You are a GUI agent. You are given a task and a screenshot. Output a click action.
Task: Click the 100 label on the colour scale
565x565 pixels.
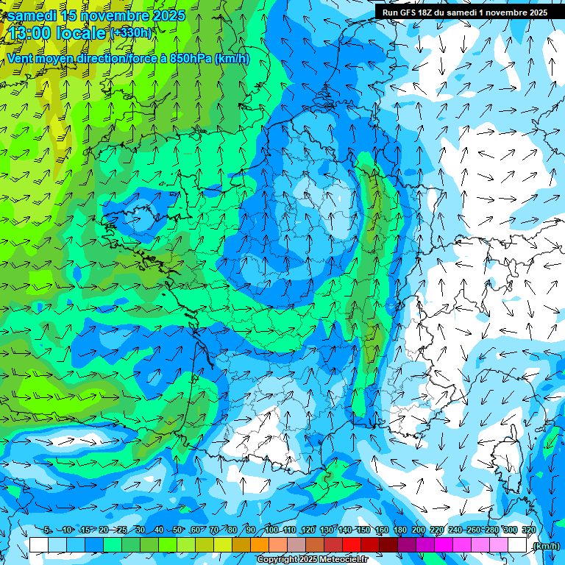pyautogui.click(x=271, y=530)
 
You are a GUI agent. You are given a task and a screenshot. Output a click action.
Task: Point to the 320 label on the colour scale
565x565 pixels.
pyautogui.click(x=528, y=530)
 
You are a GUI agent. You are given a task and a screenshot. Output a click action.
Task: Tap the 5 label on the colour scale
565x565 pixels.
pyautogui.click(x=47, y=530)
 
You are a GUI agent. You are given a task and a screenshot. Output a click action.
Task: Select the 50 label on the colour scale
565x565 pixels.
pyautogui.click(x=177, y=530)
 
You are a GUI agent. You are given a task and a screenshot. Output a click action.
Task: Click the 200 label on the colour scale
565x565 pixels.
pyautogui.click(x=418, y=530)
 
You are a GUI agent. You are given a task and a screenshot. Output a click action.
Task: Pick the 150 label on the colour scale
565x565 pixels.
pyautogui.click(x=363, y=530)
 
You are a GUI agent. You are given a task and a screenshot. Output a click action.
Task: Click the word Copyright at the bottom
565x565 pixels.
pyautogui.click(x=277, y=560)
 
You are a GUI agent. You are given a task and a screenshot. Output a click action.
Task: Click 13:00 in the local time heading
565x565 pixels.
pyautogui.click(x=34, y=33)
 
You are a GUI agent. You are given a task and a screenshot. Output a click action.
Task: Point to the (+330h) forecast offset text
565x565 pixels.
pyautogui.click(x=131, y=32)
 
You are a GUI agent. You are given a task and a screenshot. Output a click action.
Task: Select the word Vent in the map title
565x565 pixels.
pyautogui.click(x=21, y=59)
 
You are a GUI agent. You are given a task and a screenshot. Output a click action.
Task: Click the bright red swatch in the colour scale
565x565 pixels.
pyautogui.click(x=352, y=545)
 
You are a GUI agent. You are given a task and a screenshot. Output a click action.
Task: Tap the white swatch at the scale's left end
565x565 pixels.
pyautogui.click(x=39, y=545)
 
